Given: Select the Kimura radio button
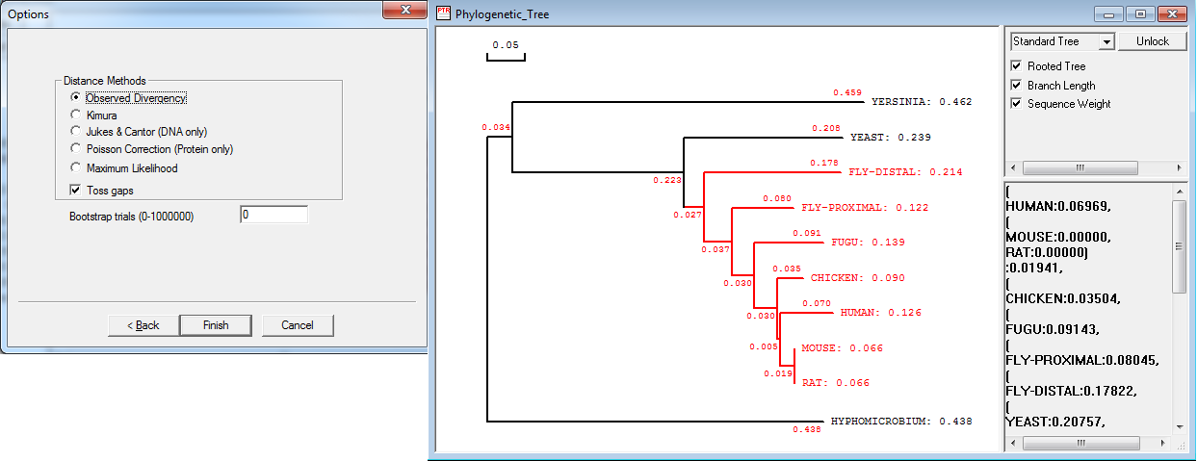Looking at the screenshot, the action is pyautogui.click(x=75, y=115).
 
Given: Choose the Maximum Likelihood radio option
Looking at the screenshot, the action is pyautogui.click(x=75, y=167).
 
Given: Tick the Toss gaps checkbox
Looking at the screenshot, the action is pyautogui.click(x=75, y=191).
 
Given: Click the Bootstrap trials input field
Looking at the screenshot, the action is pyautogui.click(x=273, y=215).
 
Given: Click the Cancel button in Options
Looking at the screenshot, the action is pyautogui.click(x=298, y=325).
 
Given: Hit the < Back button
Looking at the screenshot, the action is pyautogui.click(x=143, y=325).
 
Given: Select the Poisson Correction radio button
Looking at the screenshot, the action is pyautogui.click(x=75, y=148).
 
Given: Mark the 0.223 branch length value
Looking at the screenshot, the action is pyautogui.click(x=667, y=181).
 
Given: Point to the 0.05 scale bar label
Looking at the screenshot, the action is pyautogui.click(x=506, y=45).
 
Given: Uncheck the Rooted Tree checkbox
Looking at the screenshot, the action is pyautogui.click(x=1016, y=65).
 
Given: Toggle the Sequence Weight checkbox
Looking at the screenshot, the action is pyautogui.click(x=1016, y=103).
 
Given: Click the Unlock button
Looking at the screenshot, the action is pyautogui.click(x=1152, y=41).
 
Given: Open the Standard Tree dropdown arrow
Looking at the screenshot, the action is pyautogui.click(x=1106, y=41).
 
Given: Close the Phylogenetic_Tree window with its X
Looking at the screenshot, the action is pyautogui.click(x=1172, y=13).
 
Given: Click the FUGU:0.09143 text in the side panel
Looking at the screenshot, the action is pyautogui.click(x=1053, y=329).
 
